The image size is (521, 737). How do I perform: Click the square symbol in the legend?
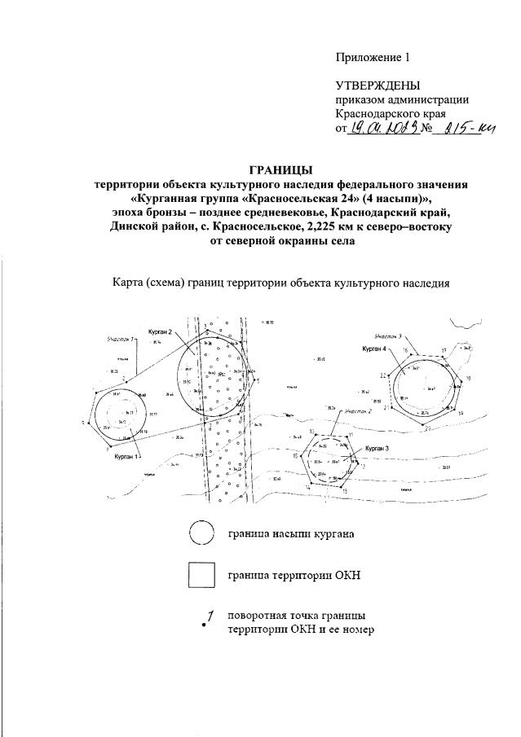pos(201,575)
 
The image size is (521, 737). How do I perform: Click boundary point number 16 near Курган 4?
pos(405,350)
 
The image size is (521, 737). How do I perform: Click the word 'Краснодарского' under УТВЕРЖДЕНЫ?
pos(377,114)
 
